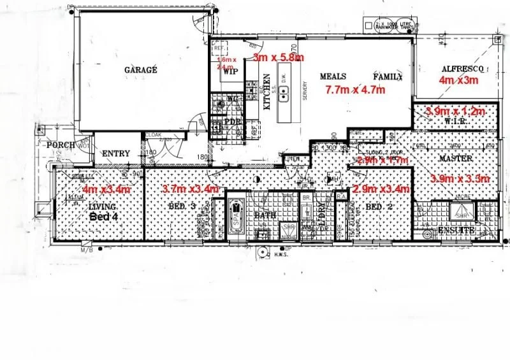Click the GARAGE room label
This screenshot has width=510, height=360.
click(140, 70)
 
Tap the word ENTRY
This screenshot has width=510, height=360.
click(115, 154)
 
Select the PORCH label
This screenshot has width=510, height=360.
click(61, 145)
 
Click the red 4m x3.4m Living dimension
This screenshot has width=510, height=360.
click(106, 189)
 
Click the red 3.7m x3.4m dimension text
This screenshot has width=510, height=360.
click(191, 189)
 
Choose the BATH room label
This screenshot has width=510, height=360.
click(265, 215)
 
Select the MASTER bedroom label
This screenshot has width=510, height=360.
click(455, 158)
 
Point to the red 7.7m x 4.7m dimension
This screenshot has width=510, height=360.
click(355, 89)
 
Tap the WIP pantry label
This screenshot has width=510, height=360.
click(229, 71)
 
